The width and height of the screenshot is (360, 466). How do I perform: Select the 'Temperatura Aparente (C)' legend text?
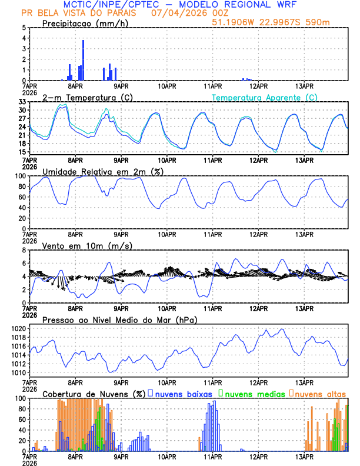pos(265,97)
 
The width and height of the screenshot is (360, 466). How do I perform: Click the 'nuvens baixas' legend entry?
pos(184,393)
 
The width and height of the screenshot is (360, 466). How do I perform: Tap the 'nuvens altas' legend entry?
pos(320,393)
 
